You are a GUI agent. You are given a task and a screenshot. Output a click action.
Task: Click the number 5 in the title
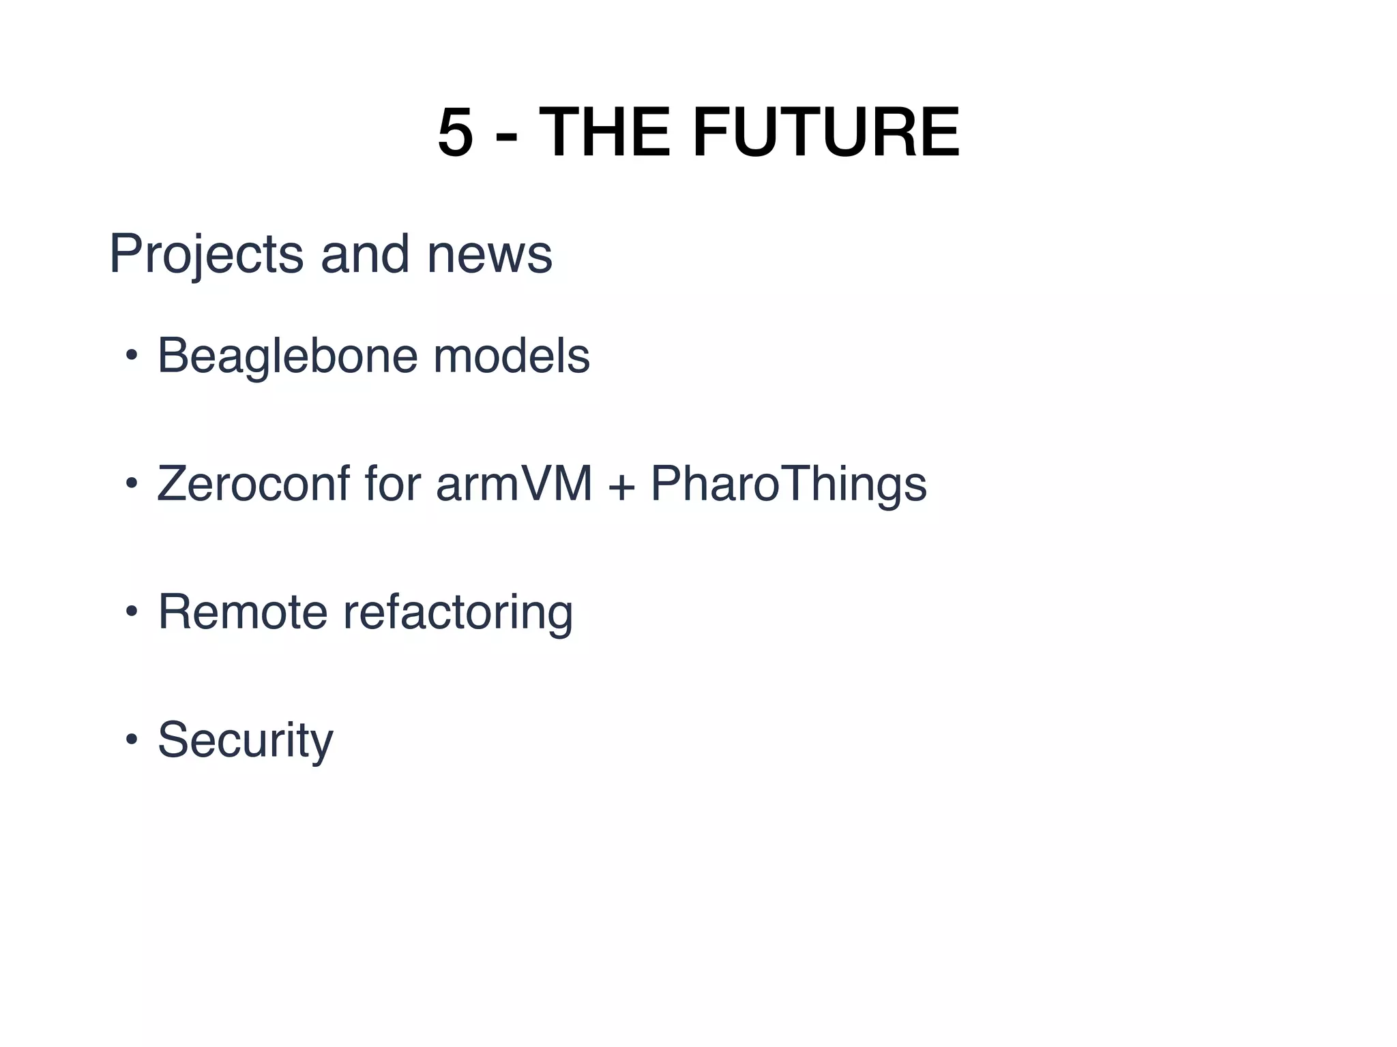click(456, 133)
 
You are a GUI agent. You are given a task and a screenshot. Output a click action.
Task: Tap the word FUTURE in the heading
click(826, 133)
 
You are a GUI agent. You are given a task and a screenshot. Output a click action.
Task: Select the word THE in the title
click(604, 133)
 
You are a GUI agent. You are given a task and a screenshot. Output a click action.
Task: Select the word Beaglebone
click(287, 356)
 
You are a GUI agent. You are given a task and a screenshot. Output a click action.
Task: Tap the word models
click(512, 355)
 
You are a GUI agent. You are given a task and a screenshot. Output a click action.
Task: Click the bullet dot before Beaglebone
click(131, 355)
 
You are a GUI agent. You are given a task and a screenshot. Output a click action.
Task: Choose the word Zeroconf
click(253, 483)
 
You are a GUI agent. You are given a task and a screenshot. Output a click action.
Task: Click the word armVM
click(514, 483)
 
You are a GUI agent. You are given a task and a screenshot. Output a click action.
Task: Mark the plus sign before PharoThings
click(621, 485)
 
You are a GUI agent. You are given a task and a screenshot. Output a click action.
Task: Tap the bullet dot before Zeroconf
click(131, 483)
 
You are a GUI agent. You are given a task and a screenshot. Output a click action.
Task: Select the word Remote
click(243, 611)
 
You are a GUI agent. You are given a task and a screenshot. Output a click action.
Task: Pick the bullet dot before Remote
click(131, 611)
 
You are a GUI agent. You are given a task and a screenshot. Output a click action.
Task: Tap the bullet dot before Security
click(131, 740)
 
